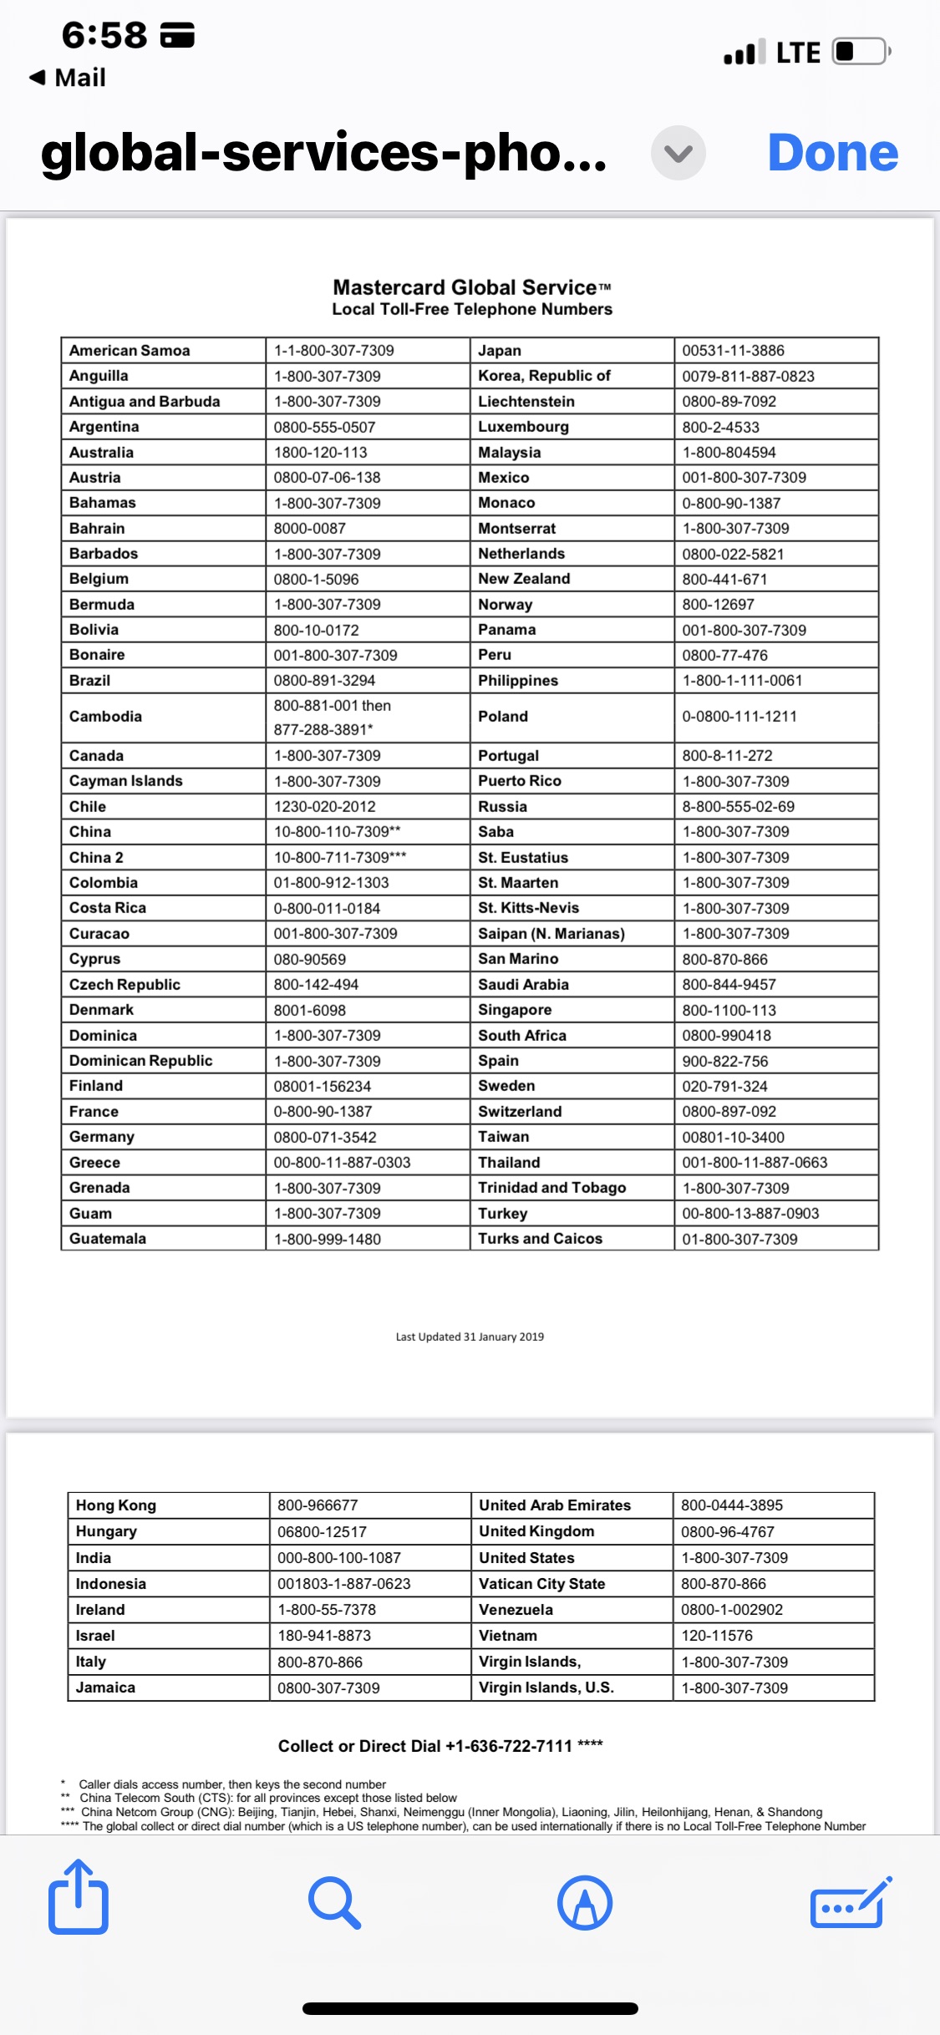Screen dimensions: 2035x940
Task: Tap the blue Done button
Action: [832, 153]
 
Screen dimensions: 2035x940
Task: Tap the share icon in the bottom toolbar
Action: [79, 1897]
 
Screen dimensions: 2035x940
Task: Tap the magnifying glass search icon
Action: [334, 1902]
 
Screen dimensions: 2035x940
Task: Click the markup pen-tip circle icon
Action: [585, 1902]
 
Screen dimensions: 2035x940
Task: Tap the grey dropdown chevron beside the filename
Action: [678, 153]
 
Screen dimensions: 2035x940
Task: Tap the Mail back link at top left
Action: [69, 78]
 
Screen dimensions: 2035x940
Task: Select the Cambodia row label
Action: [105, 717]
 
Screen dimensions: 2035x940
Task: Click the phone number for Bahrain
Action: [309, 528]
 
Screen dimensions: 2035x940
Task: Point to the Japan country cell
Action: [500, 351]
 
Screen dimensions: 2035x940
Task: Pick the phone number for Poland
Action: [739, 717]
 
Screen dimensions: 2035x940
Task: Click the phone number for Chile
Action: [324, 806]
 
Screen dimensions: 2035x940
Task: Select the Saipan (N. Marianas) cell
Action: [551, 933]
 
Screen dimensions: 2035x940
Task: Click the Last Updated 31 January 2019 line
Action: [470, 1337]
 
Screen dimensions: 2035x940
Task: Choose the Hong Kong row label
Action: [116, 1505]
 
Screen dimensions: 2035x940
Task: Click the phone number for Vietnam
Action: [717, 1636]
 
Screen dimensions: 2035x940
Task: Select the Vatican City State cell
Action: [541, 1584]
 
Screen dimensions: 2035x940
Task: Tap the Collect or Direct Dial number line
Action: [440, 1746]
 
